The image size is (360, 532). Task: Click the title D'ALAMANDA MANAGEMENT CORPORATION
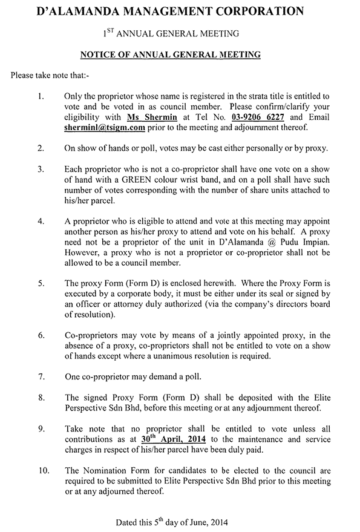[x=180, y=11]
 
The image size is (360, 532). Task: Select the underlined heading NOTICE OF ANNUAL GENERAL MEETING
[x=171, y=54]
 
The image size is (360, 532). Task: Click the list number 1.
[x=41, y=96]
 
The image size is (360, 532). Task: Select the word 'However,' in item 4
[x=81, y=252]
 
